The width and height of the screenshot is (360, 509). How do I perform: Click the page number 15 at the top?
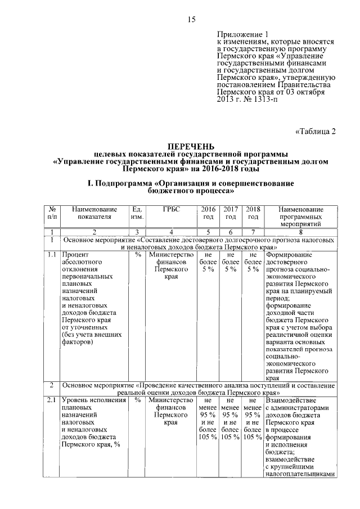[191, 20]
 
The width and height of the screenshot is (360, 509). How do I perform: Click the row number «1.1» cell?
[52, 254]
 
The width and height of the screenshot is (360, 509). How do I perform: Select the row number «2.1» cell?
[52, 400]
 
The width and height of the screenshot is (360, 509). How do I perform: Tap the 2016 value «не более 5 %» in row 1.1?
[208, 262]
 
